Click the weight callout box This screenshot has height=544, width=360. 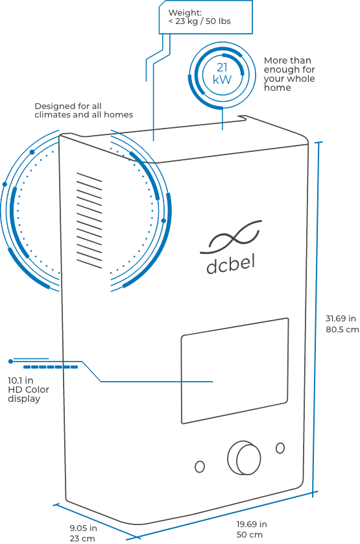[x=206, y=17]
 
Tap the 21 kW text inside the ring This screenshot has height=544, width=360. [x=222, y=73]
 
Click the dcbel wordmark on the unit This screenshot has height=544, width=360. [x=231, y=265]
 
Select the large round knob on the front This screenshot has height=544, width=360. [x=244, y=458]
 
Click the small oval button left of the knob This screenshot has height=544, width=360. [x=200, y=467]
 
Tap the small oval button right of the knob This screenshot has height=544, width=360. [x=280, y=448]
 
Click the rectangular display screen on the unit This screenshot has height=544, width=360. [x=235, y=371]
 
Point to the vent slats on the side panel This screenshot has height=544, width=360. [x=89, y=221]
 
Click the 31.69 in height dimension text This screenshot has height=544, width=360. [x=341, y=318]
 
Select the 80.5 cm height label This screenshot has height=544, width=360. [x=342, y=329]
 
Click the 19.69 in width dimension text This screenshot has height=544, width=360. [x=252, y=524]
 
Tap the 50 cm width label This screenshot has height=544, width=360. [x=249, y=535]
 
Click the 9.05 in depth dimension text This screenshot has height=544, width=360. [x=83, y=528]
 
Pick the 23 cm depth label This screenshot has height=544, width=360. [x=82, y=539]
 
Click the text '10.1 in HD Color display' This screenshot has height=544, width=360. [x=29, y=389]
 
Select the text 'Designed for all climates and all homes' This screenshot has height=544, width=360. [x=84, y=110]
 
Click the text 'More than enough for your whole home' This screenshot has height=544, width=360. [x=289, y=74]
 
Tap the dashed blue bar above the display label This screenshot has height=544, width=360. [x=51, y=367]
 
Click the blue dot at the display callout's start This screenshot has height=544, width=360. [x=11, y=362]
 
